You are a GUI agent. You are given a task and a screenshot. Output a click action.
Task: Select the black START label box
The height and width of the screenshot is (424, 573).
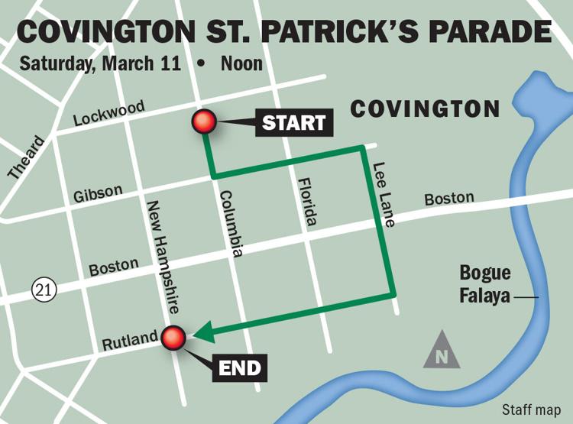(294, 122)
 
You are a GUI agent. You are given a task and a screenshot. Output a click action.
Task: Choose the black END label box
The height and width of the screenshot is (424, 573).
(239, 369)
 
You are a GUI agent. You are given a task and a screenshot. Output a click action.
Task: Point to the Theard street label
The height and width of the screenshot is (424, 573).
(27, 159)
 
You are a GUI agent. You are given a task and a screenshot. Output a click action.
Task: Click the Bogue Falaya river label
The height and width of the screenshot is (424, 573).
(485, 284)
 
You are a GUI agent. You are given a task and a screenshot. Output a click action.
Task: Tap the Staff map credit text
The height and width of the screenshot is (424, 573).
(530, 409)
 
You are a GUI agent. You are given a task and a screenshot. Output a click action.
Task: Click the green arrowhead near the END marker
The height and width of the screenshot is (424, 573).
(203, 333)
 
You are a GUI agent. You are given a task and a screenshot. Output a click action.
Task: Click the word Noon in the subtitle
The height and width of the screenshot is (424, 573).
(241, 63)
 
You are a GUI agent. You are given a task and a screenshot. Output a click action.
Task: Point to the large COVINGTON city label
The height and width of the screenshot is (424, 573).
(425, 108)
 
